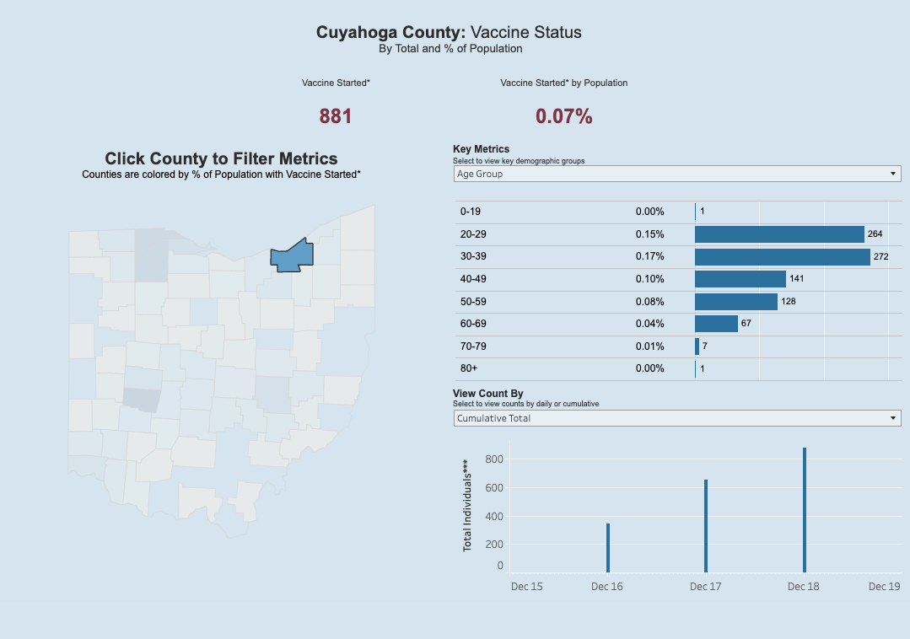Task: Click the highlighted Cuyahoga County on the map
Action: coord(292,255)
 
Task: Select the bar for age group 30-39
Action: coord(782,256)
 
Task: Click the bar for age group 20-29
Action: coord(779,234)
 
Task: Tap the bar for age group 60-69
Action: coord(716,324)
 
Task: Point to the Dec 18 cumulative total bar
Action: coord(805,509)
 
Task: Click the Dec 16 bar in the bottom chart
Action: coord(607,548)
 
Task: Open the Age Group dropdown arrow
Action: coord(893,174)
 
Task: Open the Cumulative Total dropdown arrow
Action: coord(893,418)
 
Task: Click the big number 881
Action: coord(336,116)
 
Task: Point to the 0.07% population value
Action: coord(563,116)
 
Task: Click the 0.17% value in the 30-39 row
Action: coord(649,256)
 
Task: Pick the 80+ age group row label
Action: coord(468,368)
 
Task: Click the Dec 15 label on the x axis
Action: coord(527,587)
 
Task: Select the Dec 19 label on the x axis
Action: coord(884,587)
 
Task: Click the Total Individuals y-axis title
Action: coord(467,506)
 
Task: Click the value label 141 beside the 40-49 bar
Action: coord(797,279)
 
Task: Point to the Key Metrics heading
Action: coord(481,149)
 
